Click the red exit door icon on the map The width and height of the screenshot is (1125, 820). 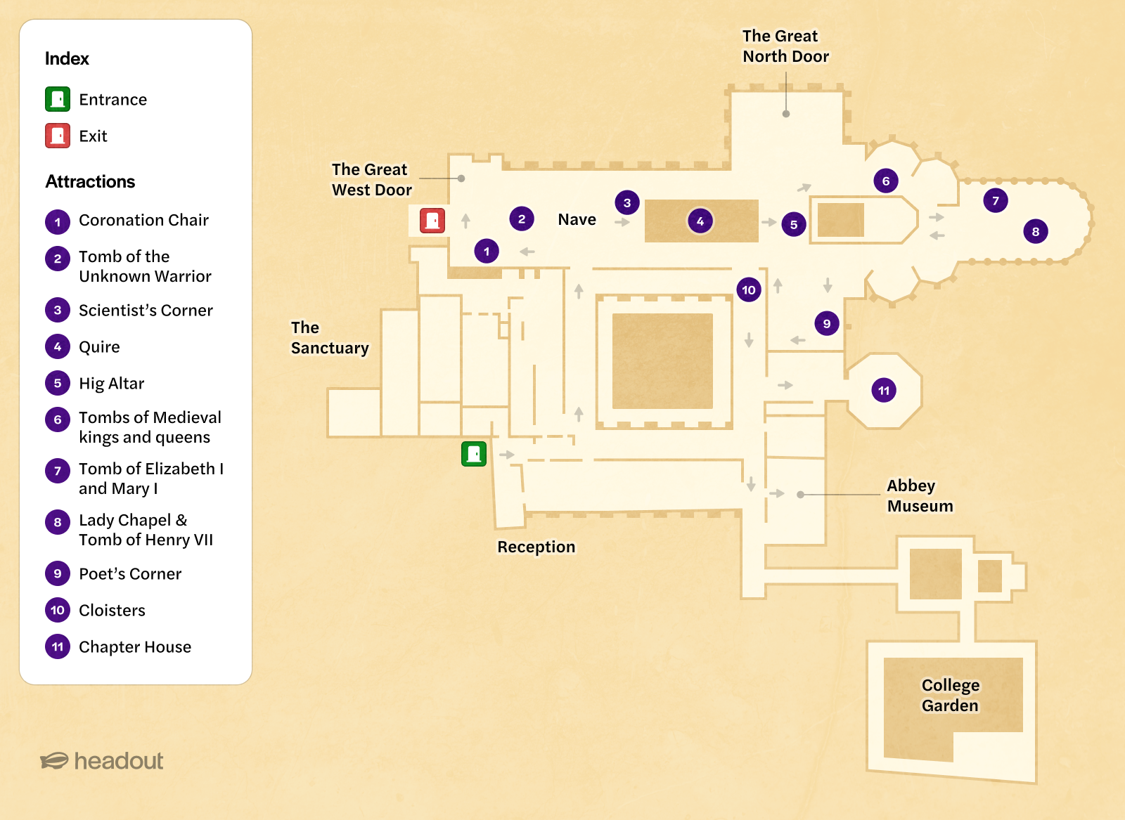pyautogui.click(x=432, y=221)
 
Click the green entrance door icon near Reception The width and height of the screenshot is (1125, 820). pyautogui.click(x=474, y=454)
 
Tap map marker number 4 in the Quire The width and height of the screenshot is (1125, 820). pyautogui.click(x=700, y=221)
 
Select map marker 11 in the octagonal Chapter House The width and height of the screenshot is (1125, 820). pyautogui.click(x=884, y=391)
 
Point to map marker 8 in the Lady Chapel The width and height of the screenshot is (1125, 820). pyautogui.click(x=1035, y=231)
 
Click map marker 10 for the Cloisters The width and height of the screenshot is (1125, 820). pyautogui.click(x=749, y=289)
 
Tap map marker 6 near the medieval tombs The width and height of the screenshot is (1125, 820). pyautogui.click(x=886, y=181)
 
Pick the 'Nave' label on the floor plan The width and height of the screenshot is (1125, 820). pyautogui.click(x=577, y=219)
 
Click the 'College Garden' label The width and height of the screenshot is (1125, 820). pyautogui.click(x=950, y=695)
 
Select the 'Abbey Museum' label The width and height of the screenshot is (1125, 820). pyautogui.click(x=920, y=495)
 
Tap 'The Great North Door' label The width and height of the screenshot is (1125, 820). pyautogui.click(x=785, y=46)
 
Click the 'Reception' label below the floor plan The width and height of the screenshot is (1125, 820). pyautogui.click(x=536, y=547)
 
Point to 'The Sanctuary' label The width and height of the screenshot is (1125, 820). pyautogui.click(x=329, y=338)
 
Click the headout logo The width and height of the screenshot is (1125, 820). pyautogui.click(x=102, y=761)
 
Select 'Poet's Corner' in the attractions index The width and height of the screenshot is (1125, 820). pyautogui.click(x=130, y=574)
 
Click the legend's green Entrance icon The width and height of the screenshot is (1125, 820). pyautogui.click(x=58, y=99)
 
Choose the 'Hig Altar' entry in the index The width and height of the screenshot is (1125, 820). pyautogui.click(x=111, y=384)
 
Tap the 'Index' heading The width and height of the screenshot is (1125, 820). pyautogui.click(x=67, y=58)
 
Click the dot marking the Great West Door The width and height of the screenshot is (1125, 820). pyautogui.click(x=461, y=178)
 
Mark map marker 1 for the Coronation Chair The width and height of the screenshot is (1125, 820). pyautogui.click(x=487, y=251)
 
